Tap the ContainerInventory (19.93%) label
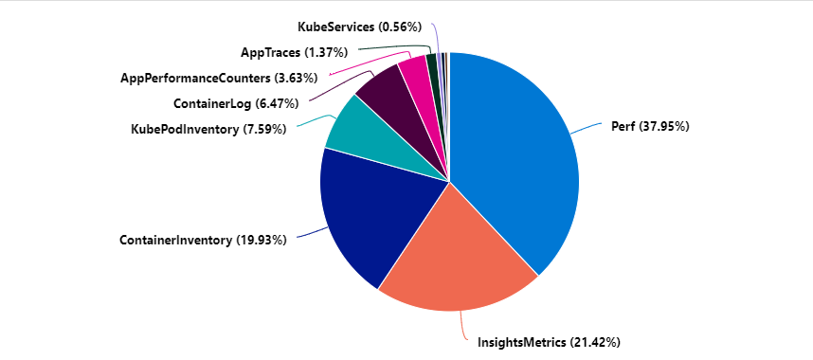tap(203, 241)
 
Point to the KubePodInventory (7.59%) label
tap(208, 129)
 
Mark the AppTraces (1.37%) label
tap(294, 51)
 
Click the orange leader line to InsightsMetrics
tap(463, 327)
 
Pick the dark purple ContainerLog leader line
tap(334, 90)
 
